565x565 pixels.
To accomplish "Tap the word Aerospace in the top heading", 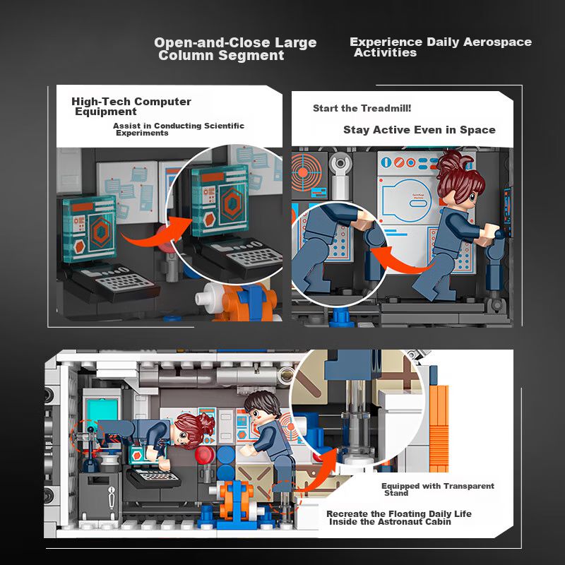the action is (x=497, y=42).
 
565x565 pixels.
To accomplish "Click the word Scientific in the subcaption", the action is (x=224, y=126).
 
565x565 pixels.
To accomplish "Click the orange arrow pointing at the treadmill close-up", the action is (x=400, y=258).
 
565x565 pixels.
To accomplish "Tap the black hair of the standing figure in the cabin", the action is (x=263, y=403).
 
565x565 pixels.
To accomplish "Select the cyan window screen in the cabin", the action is (x=102, y=412).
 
